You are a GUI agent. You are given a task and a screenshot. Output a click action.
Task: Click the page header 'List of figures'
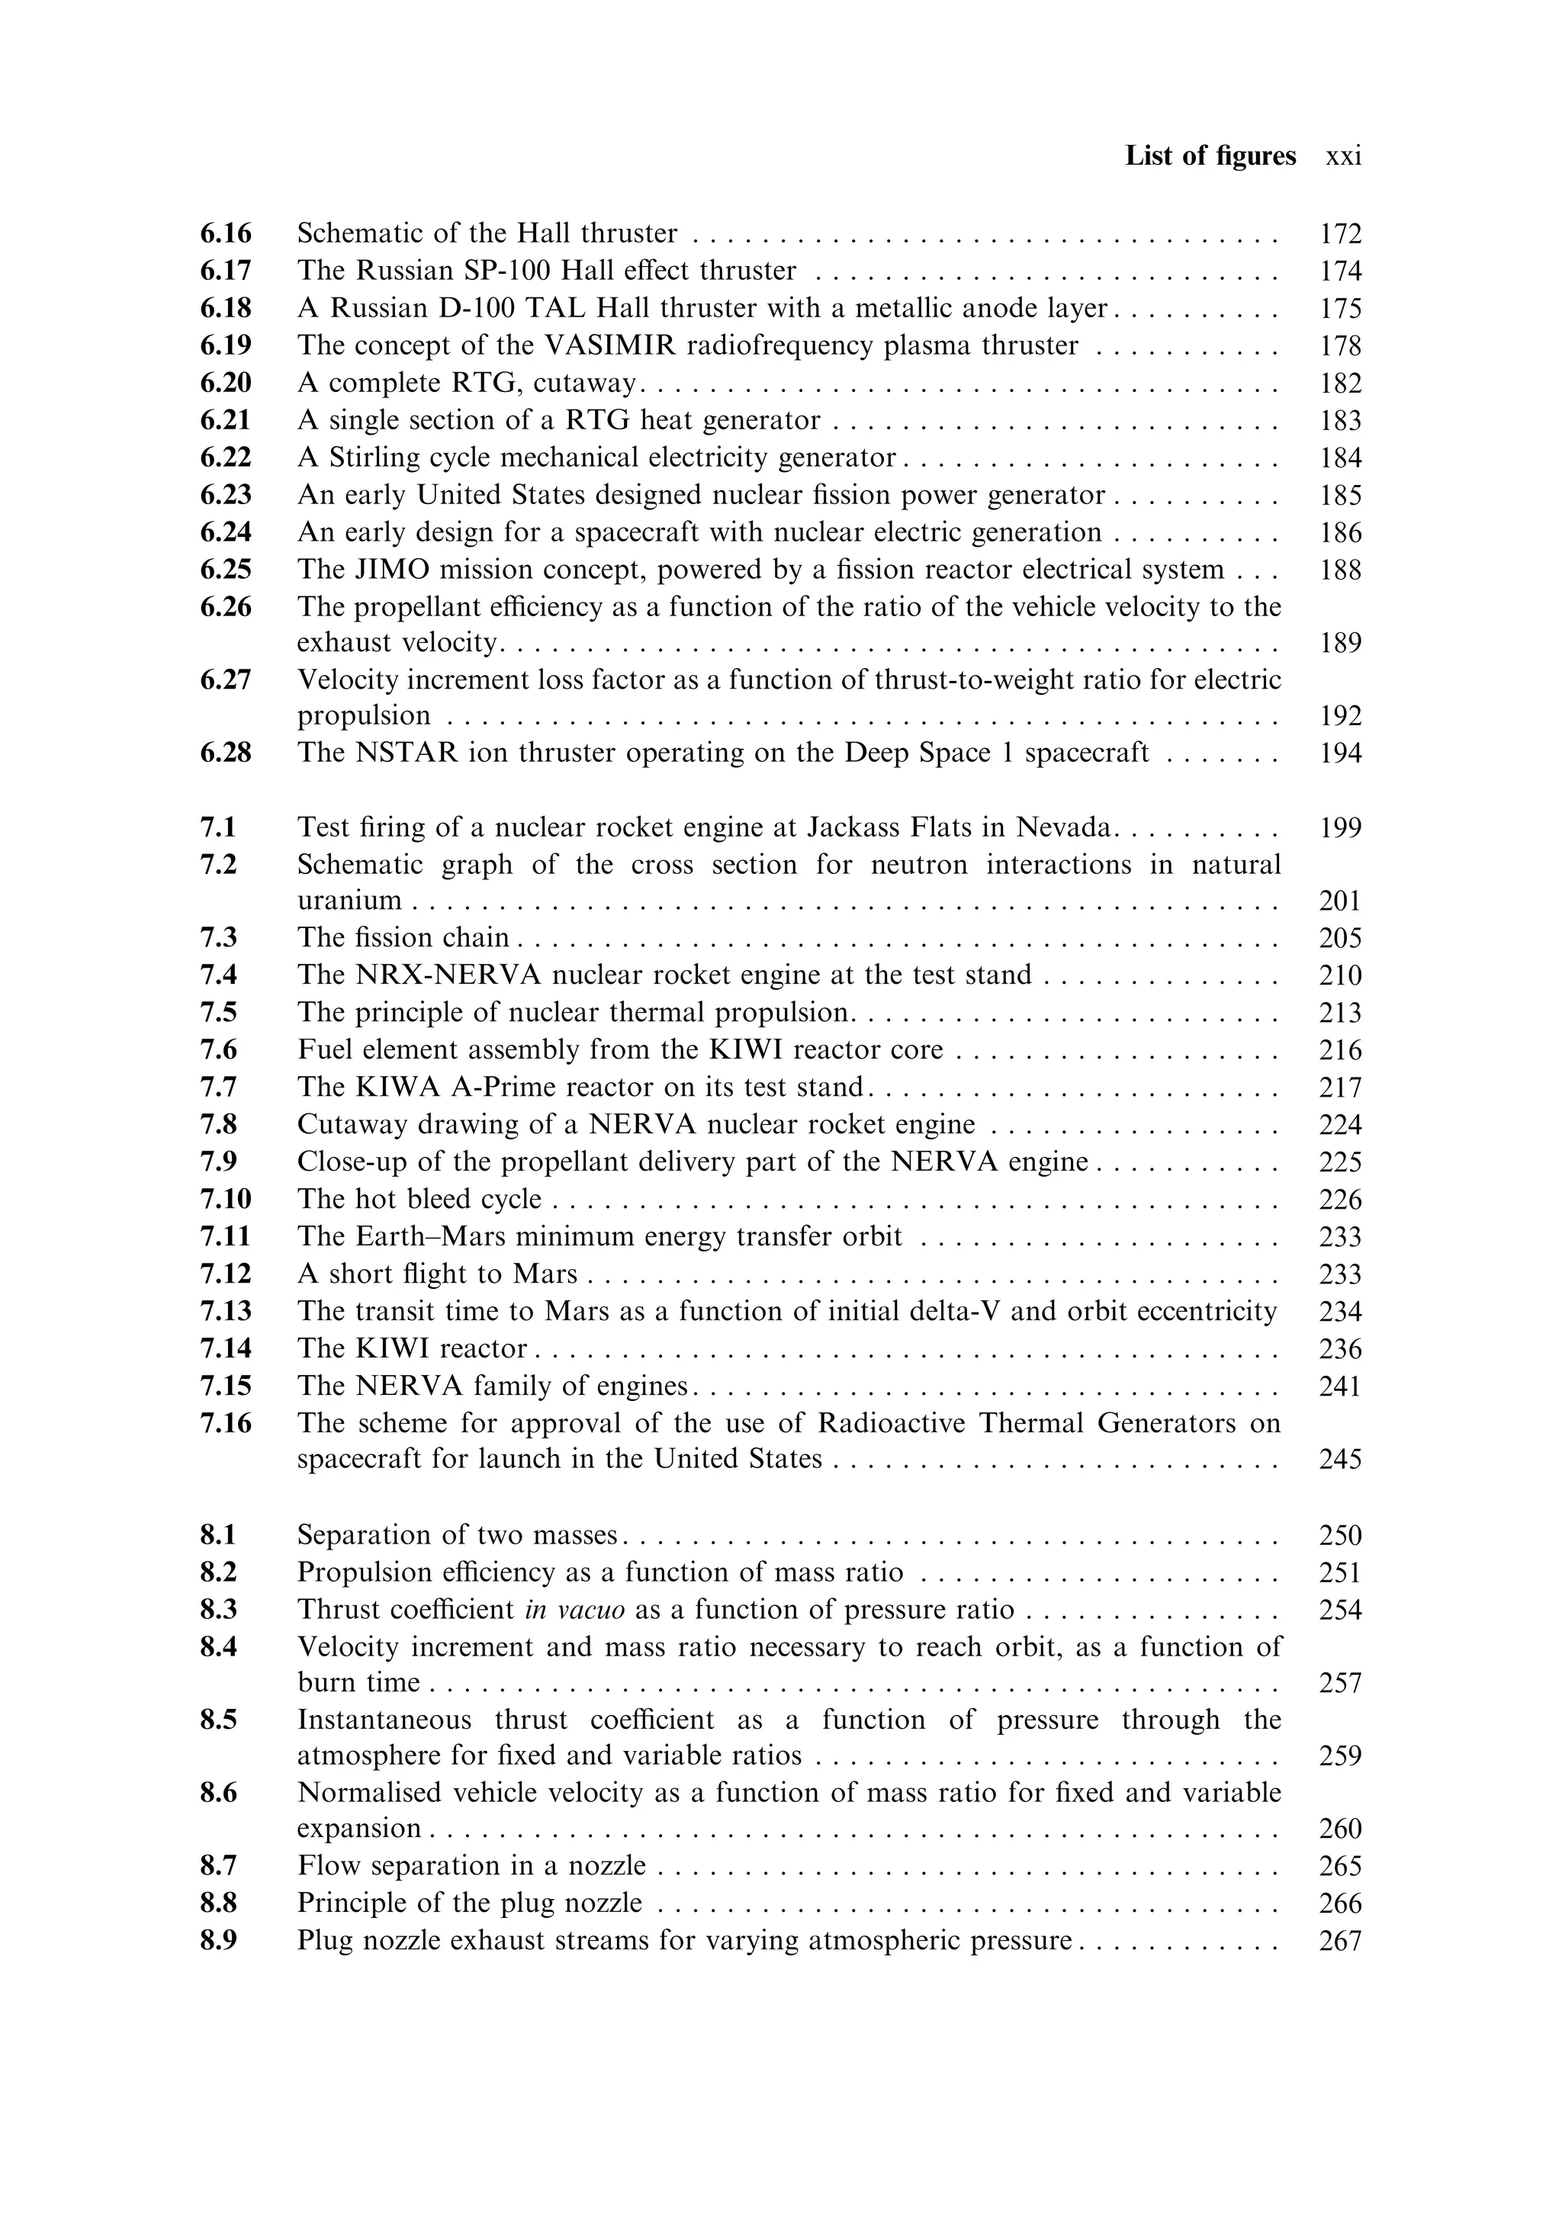(x=1210, y=156)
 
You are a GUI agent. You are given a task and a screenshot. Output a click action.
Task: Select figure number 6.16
(x=226, y=233)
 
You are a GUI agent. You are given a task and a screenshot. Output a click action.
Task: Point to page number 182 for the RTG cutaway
(x=1340, y=384)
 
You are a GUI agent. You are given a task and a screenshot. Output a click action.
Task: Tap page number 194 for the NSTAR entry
(x=1340, y=753)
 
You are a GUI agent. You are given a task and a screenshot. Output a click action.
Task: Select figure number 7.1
(x=219, y=828)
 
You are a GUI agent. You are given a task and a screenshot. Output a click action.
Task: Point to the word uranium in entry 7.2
(x=349, y=901)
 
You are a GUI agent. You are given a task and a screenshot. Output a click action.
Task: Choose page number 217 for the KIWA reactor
(x=1340, y=1087)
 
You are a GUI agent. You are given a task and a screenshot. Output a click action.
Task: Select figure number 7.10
(x=226, y=1200)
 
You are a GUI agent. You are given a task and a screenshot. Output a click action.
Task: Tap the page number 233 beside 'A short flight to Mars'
(x=1340, y=1274)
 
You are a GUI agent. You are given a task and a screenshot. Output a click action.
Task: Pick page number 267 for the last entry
(x=1340, y=1942)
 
